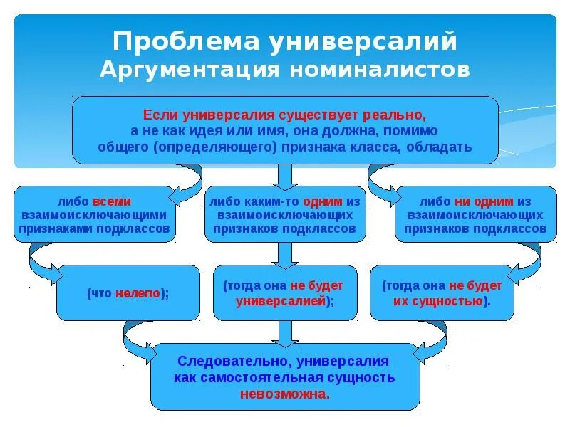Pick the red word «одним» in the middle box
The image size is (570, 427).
point(325,201)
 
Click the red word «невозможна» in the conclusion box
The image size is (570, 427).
point(284,393)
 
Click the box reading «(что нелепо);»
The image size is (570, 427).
point(128,292)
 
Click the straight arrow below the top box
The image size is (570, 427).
point(284,175)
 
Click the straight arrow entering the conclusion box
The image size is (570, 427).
point(284,332)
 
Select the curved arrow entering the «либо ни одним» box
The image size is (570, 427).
point(383,180)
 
